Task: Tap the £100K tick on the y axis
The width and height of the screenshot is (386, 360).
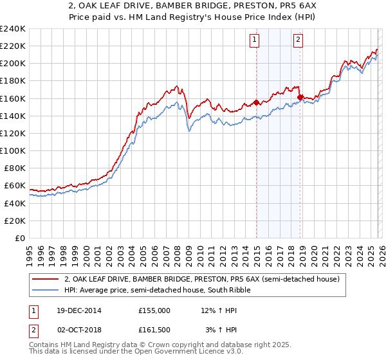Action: [x=12, y=150]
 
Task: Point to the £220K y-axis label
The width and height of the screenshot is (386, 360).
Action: [x=12, y=46]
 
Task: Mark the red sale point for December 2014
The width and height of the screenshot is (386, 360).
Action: [x=256, y=102]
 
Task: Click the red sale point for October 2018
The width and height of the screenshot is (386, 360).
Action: [x=300, y=97]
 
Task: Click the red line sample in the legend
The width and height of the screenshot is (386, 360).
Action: [x=46, y=280]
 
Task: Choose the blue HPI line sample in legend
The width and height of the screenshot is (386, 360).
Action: [x=46, y=291]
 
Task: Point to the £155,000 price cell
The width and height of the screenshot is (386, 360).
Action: [x=154, y=310]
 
